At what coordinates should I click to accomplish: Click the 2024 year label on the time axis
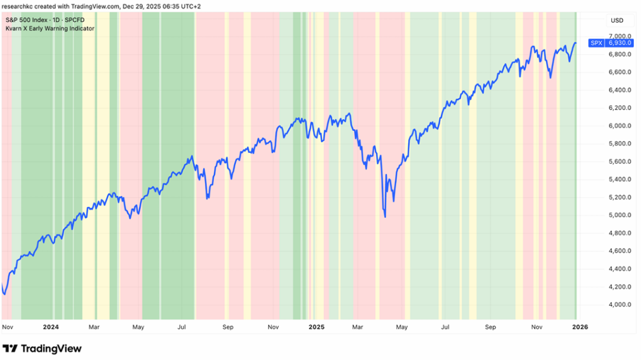[51, 327]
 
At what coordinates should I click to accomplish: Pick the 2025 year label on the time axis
[316, 327]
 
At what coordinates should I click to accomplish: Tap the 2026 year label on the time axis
[579, 327]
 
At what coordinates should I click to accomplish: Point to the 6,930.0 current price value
[618, 43]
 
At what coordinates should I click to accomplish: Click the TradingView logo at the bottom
[42, 349]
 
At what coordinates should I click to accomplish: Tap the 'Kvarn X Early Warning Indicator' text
[50, 28]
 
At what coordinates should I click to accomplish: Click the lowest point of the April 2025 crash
[384, 217]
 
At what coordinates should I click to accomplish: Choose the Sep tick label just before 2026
[491, 327]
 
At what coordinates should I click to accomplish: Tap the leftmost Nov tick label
[8, 327]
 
